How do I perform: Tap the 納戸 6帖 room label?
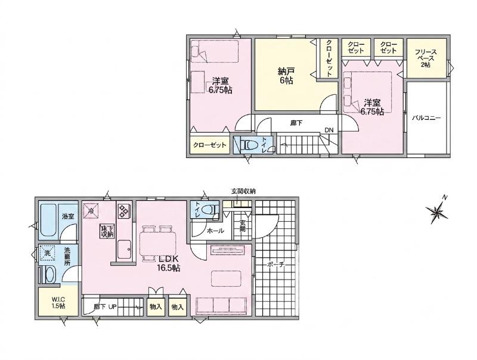click(x=286, y=76)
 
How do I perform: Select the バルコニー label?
click(x=426, y=118)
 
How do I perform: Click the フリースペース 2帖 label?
click(x=426, y=58)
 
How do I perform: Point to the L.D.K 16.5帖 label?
click(x=168, y=263)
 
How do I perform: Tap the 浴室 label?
click(x=68, y=216)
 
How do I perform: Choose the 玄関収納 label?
click(x=243, y=191)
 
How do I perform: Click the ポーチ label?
click(x=276, y=265)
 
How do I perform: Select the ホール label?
click(x=215, y=231)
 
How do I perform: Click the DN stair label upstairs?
click(x=329, y=130)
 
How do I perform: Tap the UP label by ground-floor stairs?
click(x=112, y=307)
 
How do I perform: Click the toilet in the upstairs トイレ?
click(x=249, y=145)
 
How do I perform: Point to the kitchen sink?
click(x=125, y=249)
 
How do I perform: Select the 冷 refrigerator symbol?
click(x=91, y=210)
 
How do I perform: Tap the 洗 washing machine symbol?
click(x=47, y=253)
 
